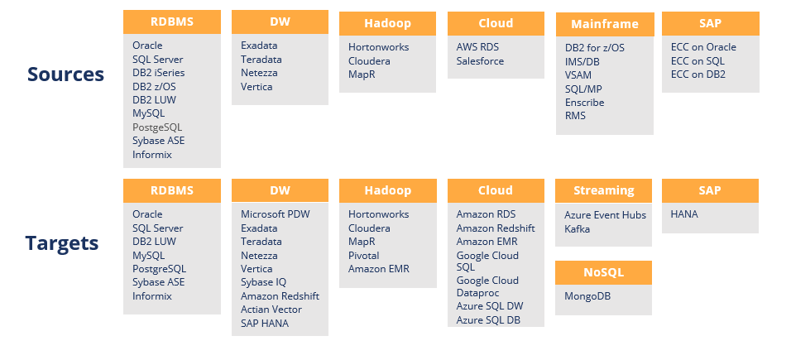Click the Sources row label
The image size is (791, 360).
tap(65, 74)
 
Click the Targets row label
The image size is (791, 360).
tap(62, 243)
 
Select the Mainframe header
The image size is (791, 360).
tap(605, 24)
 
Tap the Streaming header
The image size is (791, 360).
tap(604, 190)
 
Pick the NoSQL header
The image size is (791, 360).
tap(604, 272)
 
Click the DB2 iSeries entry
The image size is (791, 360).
tap(158, 73)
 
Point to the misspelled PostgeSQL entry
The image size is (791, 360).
tap(157, 127)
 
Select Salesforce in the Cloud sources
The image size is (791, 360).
tap(480, 61)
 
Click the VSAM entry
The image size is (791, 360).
tap(578, 75)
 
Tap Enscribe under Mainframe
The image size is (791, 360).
tap(585, 103)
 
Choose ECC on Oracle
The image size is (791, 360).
tap(704, 47)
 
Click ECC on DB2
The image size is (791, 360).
tap(698, 74)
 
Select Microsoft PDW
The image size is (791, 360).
tap(276, 214)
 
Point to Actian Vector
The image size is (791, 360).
tap(271, 310)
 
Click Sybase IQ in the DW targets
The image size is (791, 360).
tap(263, 282)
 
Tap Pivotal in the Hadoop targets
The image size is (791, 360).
tap(364, 256)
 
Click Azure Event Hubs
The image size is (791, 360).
tap(606, 215)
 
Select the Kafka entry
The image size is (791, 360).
tap(577, 228)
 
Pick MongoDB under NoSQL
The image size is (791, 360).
tap(587, 296)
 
